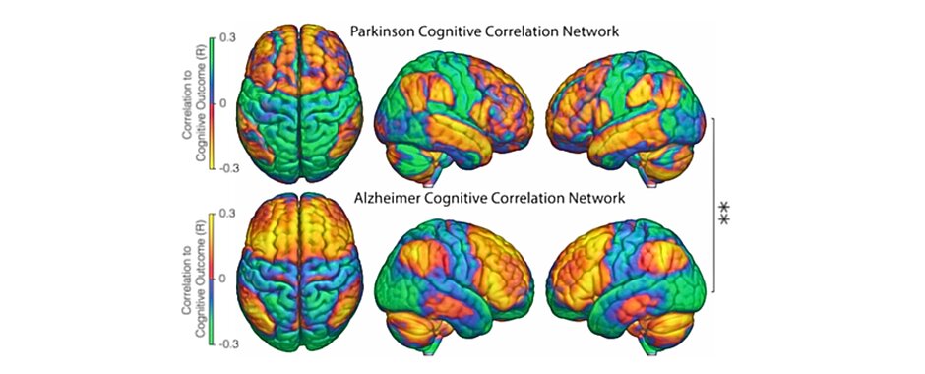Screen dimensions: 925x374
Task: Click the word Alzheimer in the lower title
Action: (389, 199)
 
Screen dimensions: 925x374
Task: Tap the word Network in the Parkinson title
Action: (588, 31)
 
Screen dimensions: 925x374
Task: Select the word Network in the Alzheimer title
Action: (593, 199)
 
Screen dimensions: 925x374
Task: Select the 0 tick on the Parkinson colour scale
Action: (223, 102)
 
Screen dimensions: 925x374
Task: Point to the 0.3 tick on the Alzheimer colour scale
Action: (225, 214)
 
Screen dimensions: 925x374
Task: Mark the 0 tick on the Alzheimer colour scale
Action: (223, 279)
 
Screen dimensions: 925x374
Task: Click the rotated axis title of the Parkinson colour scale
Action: (191, 102)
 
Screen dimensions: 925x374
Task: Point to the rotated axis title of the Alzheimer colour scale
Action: (191, 279)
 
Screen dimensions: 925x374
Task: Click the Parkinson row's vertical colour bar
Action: (211, 102)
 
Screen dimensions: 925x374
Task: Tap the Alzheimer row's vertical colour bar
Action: (211, 279)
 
